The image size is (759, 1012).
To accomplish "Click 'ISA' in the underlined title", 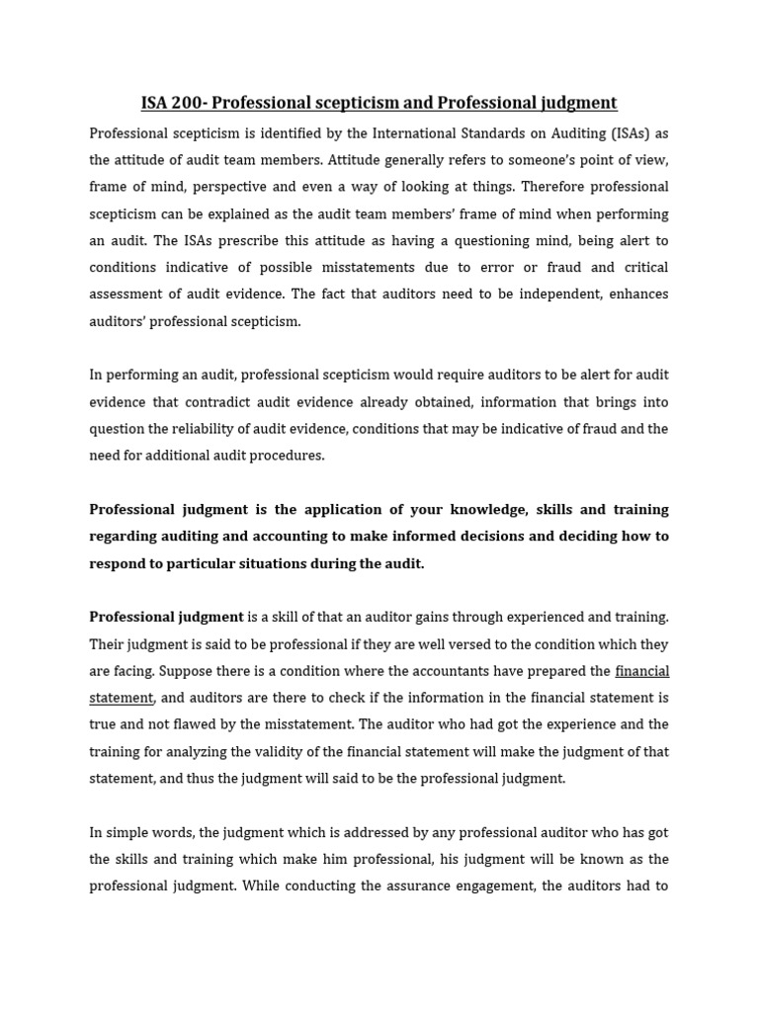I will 155,103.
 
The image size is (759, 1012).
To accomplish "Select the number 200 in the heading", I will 191,103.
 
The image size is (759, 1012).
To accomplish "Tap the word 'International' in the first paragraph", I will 433,133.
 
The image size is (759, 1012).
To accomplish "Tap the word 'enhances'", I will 638,295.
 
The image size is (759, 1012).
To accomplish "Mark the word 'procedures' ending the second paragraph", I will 289,456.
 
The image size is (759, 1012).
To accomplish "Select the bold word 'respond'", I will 118,563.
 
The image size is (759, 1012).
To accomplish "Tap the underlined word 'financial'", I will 641,671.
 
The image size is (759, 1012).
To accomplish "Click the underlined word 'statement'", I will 121,698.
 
